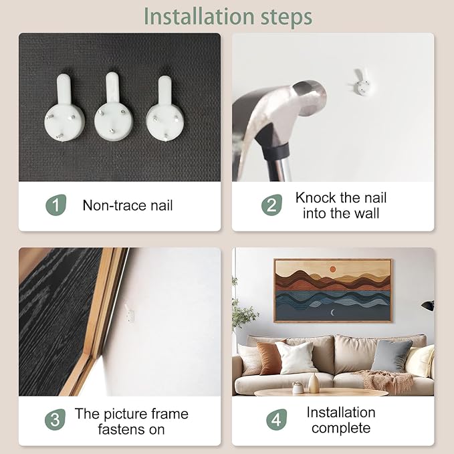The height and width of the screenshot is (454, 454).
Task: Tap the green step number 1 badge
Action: pyautogui.click(x=56, y=205)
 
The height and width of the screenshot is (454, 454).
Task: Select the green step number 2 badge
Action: pyautogui.click(x=271, y=205)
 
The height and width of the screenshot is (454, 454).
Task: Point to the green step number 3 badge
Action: pyautogui.click(x=55, y=419)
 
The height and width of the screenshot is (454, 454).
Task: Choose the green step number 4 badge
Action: pyautogui.click(x=277, y=419)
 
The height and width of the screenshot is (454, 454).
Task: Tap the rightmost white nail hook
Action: pyautogui.click(x=165, y=109)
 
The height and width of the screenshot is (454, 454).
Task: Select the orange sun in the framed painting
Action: pyautogui.click(x=333, y=269)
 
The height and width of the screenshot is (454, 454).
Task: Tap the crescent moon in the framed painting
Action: pyautogui.click(x=333, y=312)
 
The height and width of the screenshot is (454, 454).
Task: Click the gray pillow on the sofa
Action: pyautogui.click(x=391, y=356)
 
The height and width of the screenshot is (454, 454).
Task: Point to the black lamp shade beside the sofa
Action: pyautogui.click(x=428, y=306)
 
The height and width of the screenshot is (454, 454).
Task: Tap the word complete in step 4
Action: pyautogui.click(x=341, y=428)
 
